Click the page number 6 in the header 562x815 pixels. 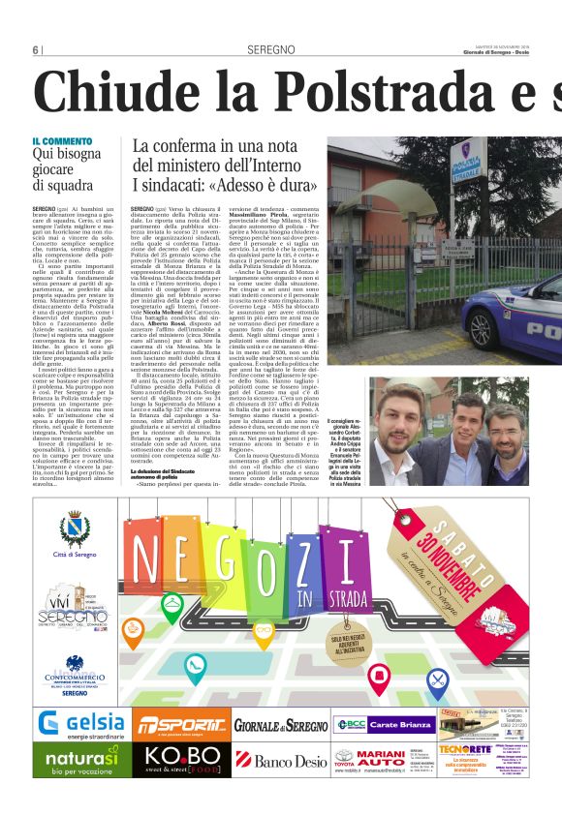pos(35,49)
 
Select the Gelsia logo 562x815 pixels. pos(82,723)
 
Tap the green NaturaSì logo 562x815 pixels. pos(82,759)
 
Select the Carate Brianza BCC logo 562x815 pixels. pos(381,724)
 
